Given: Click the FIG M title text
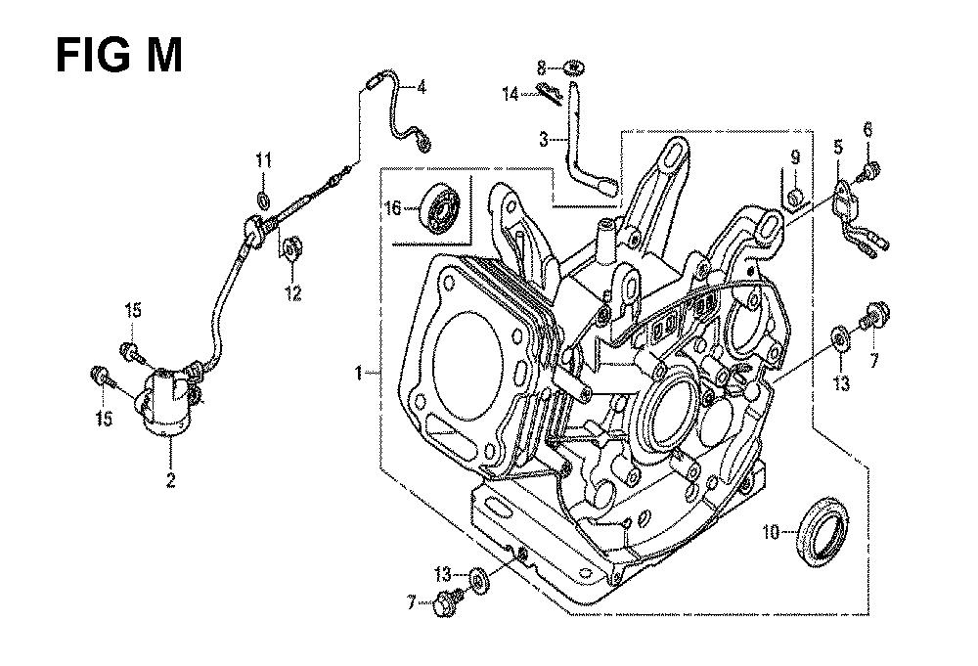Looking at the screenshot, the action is tap(119, 55).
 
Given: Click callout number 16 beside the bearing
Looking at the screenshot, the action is tap(393, 207).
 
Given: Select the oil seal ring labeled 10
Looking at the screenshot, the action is tap(823, 531).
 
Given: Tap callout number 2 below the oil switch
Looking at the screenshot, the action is tap(170, 479).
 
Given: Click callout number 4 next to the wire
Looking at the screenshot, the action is tap(422, 87).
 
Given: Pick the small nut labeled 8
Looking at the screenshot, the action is tap(574, 66).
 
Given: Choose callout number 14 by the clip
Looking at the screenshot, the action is tap(511, 94).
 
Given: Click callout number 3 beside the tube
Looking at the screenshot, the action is tap(544, 140).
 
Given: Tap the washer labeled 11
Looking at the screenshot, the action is tap(264, 200).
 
